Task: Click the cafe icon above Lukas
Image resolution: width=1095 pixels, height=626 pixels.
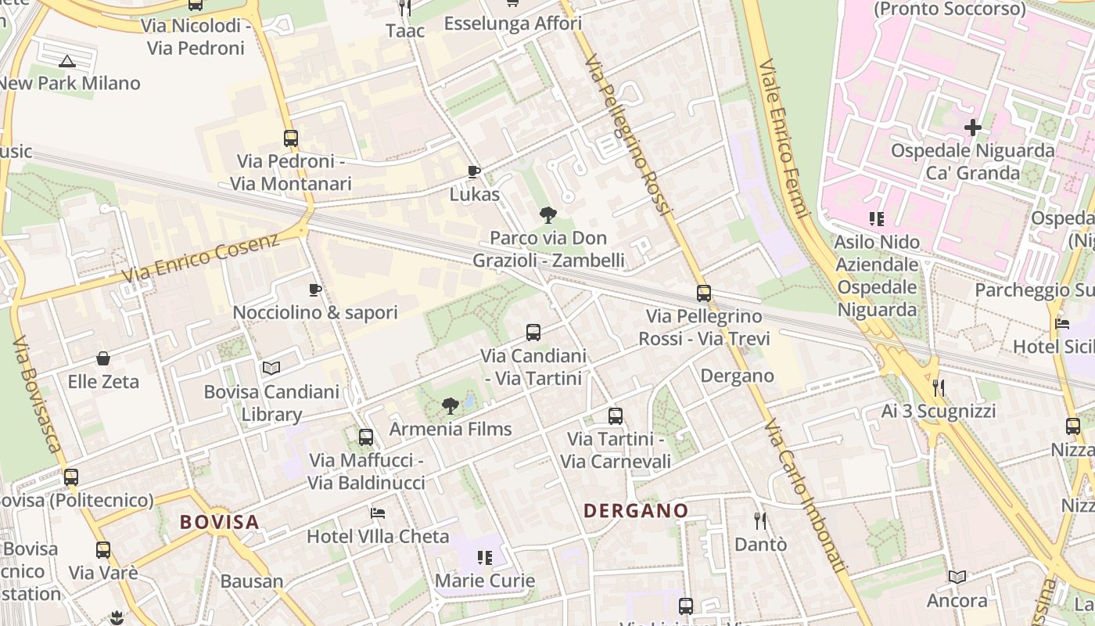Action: point(473,171)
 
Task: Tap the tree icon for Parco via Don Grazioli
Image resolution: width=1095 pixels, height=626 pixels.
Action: point(548,214)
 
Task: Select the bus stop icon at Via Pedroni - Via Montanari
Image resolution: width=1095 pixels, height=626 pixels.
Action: point(291,139)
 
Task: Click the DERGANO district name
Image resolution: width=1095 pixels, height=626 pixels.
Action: point(636,511)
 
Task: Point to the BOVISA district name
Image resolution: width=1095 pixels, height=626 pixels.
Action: point(219,522)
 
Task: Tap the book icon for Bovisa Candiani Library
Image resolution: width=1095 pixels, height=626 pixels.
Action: point(271,368)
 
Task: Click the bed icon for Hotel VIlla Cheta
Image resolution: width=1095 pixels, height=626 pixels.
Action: point(378,513)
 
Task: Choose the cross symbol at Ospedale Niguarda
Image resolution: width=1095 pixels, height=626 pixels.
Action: point(973,127)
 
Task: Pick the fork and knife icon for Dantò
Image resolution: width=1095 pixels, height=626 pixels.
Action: point(759,520)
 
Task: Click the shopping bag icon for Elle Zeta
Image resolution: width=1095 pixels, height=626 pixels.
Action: point(103,359)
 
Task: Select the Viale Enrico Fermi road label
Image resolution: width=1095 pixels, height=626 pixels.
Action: point(782,139)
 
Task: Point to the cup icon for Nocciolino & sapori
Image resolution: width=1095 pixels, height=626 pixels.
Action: point(315,290)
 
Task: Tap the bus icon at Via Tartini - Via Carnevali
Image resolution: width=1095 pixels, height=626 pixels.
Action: point(616,416)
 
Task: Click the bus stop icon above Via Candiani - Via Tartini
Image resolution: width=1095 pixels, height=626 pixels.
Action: point(533,333)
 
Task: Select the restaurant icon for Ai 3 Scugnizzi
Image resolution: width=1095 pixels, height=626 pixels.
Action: point(939,388)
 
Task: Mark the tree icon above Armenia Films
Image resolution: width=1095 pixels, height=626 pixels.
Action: point(450,405)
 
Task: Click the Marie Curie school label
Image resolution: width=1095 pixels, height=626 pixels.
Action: point(485,581)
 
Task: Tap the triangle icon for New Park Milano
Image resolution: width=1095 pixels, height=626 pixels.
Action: point(67,60)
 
